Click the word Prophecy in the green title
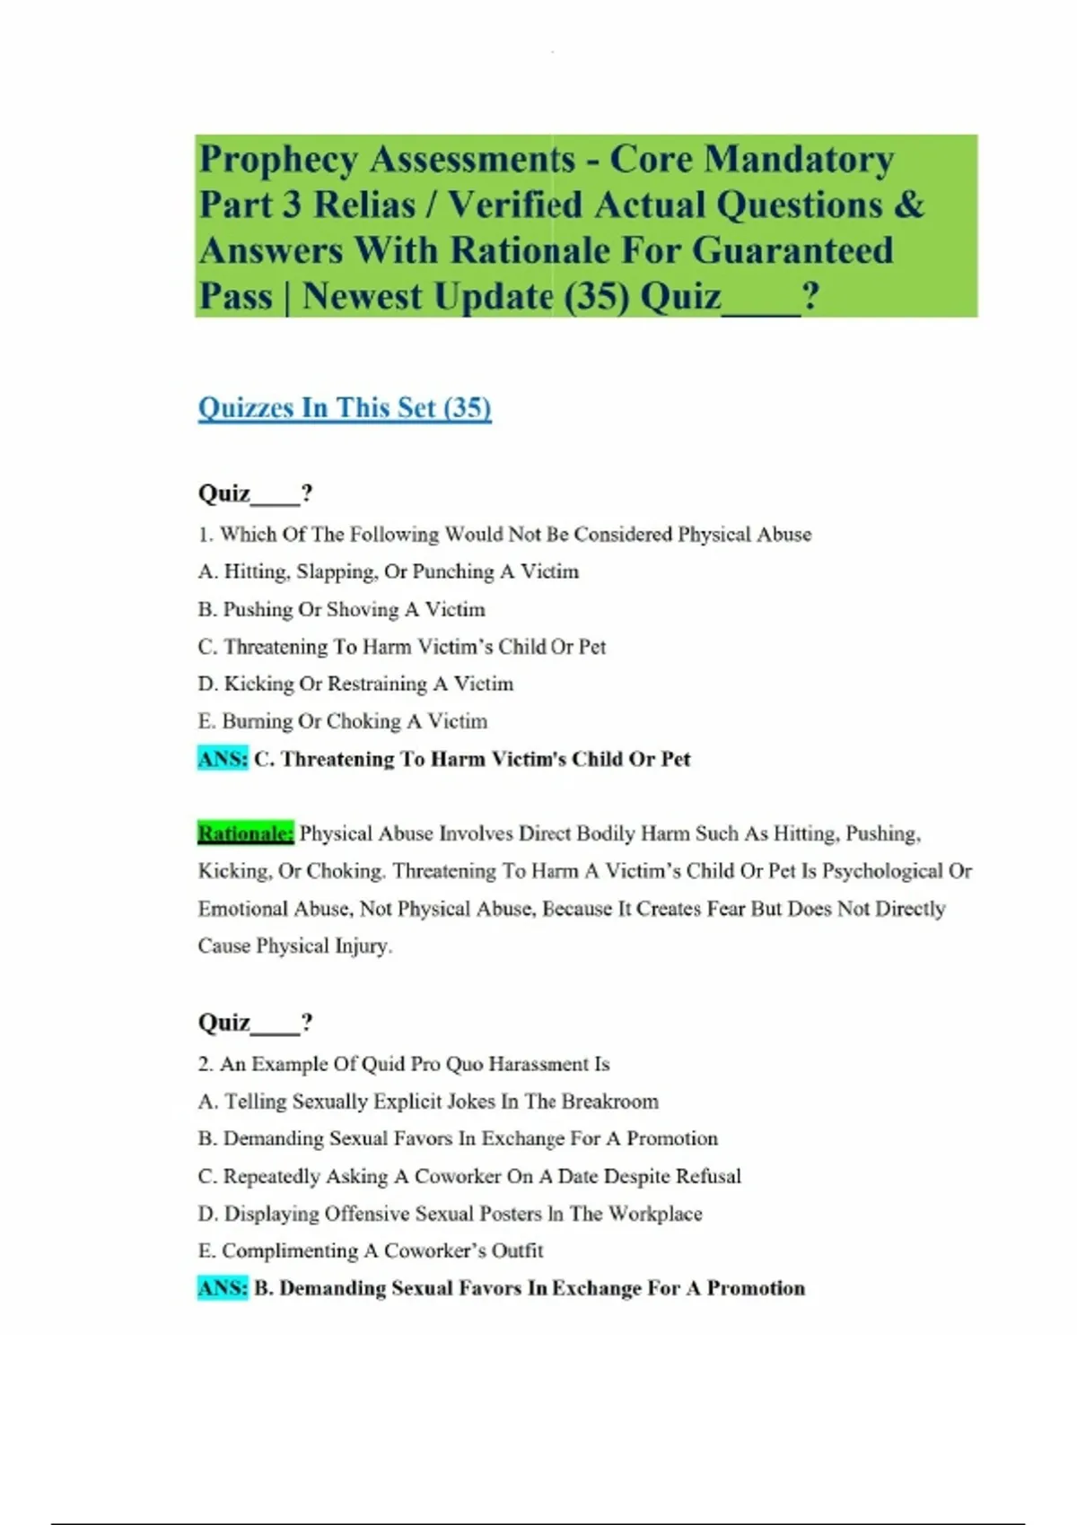(278, 160)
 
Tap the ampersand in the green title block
(908, 205)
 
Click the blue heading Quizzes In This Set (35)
(345, 408)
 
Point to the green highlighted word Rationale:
(245, 833)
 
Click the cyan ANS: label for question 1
(223, 759)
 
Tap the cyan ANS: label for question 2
(223, 1288)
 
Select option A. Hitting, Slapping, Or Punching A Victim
(388, 571)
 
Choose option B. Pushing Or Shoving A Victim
(341, 609)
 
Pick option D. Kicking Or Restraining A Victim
(355, 684)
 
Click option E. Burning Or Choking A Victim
(342, 721)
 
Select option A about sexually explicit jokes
(428, 1101)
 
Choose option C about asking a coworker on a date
(469, 1176)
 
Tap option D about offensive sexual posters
(450, 1214)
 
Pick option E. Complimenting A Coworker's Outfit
(371, 1250)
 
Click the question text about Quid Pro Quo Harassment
(404, 1064)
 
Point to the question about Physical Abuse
(504, 535)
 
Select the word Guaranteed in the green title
(792, 250)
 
